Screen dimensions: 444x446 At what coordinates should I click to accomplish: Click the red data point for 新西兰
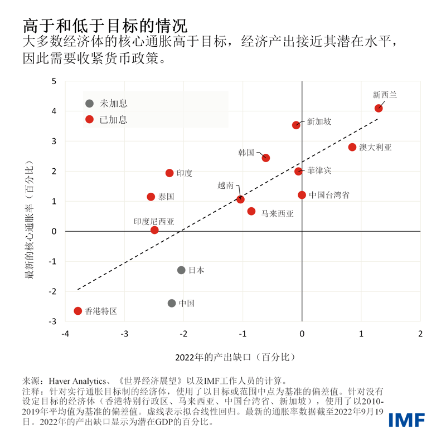(379, 108)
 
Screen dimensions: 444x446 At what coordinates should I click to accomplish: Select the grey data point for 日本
(181, 270)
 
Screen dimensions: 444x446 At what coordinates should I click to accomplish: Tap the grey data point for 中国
(172, 303)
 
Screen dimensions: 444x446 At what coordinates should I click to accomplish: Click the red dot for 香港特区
(78, 311)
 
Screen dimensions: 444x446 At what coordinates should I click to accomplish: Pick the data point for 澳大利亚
(352, 147)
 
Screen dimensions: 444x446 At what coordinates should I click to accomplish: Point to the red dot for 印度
(169, 173)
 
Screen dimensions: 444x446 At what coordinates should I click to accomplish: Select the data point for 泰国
(151, 197)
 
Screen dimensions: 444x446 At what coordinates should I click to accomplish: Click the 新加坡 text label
(319, 121)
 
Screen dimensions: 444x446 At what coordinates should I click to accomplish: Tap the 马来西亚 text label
(277, 213)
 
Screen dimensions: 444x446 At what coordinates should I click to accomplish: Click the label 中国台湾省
(329, 195)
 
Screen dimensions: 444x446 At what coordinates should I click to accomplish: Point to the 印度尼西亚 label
(154, 221)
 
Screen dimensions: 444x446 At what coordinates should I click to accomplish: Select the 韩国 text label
(246, 152)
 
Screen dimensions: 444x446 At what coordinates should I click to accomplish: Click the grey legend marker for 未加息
(89, 104)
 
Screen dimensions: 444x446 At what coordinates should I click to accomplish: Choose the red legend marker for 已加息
(89, 119)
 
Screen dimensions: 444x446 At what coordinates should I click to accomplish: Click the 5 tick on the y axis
(54, 81)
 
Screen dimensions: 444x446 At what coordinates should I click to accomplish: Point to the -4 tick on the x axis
(65, 334)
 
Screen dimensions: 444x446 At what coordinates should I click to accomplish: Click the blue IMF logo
(407, 419)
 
